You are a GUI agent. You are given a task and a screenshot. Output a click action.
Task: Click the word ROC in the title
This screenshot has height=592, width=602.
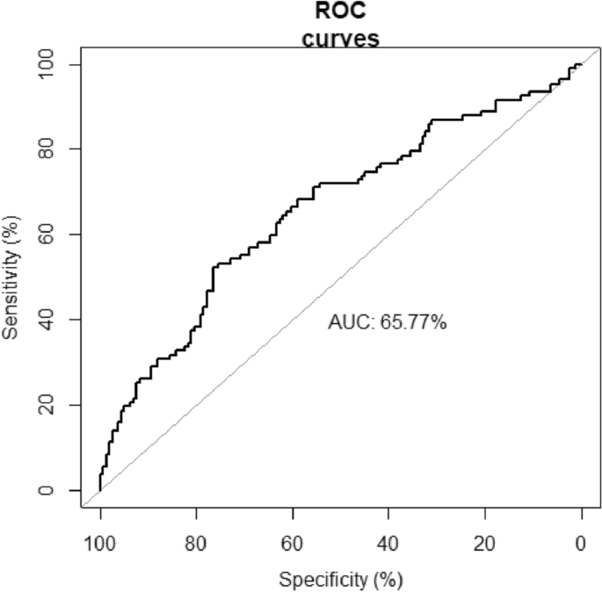coord(341,12)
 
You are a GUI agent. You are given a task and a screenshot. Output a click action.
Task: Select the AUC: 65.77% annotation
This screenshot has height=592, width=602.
coord(388,322)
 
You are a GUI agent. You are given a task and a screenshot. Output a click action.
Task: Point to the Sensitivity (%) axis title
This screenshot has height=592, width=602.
coord(12,277)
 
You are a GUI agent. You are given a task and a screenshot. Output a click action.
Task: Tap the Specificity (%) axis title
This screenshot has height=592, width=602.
coord(341,581)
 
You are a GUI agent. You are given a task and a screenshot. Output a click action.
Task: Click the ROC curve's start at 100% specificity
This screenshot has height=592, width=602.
coord(100,489)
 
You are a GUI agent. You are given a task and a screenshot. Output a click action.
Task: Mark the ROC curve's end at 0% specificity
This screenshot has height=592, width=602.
coord(581,64)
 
